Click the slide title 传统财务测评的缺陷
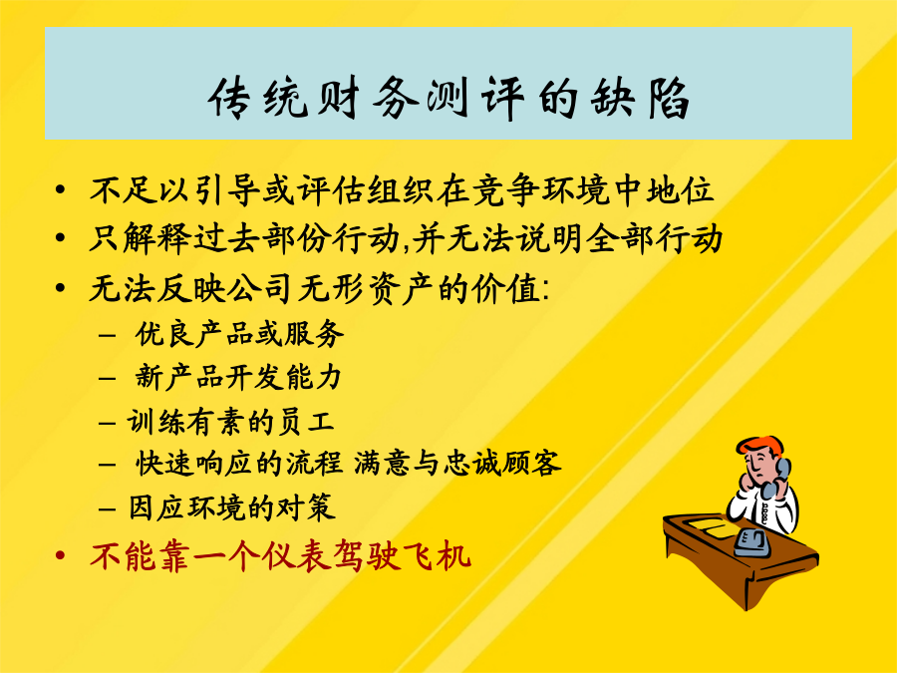tap(448, 99)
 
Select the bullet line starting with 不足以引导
tap(403, 190)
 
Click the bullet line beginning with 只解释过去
tap(407, 238)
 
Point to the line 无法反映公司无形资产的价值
tap(319, 288)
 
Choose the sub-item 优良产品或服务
tap(239, 334)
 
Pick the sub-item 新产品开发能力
tap(238, 378)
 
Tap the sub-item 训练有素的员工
tap(230, 423)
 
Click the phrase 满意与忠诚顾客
tap(457, 463)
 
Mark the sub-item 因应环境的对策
tap(231, 507)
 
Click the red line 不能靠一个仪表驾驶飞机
tap(280, 555)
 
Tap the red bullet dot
tap(60, 555)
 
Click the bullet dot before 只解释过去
tap(60, 237)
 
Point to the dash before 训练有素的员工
tap(108, 424)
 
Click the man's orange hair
tap(758, 445)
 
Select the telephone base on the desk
tap(751, 543)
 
